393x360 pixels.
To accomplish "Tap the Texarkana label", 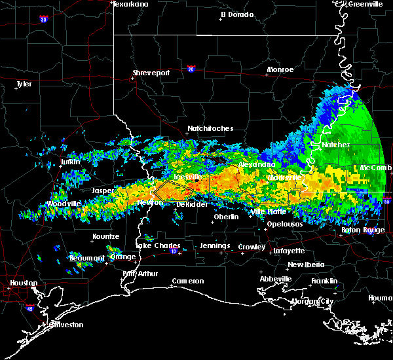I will coord(130,4).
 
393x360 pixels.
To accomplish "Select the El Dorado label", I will coord(236,14).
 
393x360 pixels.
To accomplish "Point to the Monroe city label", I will coord(280,69).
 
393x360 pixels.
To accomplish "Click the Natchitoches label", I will coord(210,128).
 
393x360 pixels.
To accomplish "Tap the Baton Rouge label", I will coord(363,230).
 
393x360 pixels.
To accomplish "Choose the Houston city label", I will coord(21,283).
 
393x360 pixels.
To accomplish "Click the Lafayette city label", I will coord(292,250).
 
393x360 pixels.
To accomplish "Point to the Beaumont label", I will coord(86,258).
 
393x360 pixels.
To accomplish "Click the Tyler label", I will coord(24,84).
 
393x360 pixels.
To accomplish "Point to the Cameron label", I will coord(188,281).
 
